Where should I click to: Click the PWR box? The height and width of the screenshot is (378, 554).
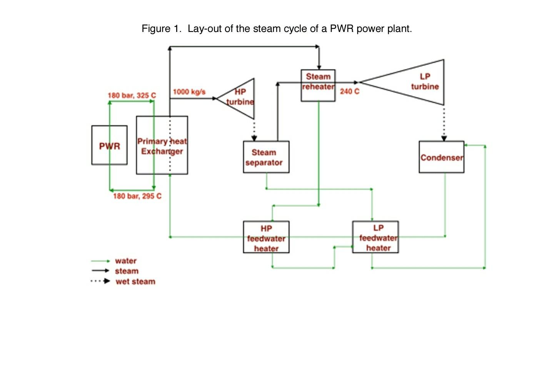[109, 145]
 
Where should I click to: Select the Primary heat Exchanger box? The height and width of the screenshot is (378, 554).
[162, 145]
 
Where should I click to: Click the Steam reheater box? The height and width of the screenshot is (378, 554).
[318, 85]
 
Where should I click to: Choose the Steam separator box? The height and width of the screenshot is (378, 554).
[266, 157]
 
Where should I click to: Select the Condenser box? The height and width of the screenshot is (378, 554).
[441, 157]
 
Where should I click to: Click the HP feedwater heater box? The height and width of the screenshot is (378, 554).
[266, 237]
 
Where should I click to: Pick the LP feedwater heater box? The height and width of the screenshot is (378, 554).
[375, 237]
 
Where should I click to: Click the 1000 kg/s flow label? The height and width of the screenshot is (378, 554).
[189, 92]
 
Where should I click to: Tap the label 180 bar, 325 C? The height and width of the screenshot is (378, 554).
[132, 95]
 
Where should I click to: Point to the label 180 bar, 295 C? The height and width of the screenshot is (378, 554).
[137, 196]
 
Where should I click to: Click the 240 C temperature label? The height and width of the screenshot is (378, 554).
[349, 91]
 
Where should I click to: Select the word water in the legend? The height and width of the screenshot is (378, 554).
[126, 261]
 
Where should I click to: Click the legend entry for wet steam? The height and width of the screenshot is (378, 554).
[135, 281]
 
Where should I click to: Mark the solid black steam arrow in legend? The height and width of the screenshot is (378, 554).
[100, 271]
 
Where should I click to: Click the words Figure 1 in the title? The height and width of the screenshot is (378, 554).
[161, 29]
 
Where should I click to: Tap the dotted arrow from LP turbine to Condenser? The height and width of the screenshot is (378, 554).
[444, 123]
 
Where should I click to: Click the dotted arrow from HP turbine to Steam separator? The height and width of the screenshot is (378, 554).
[254, 130]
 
